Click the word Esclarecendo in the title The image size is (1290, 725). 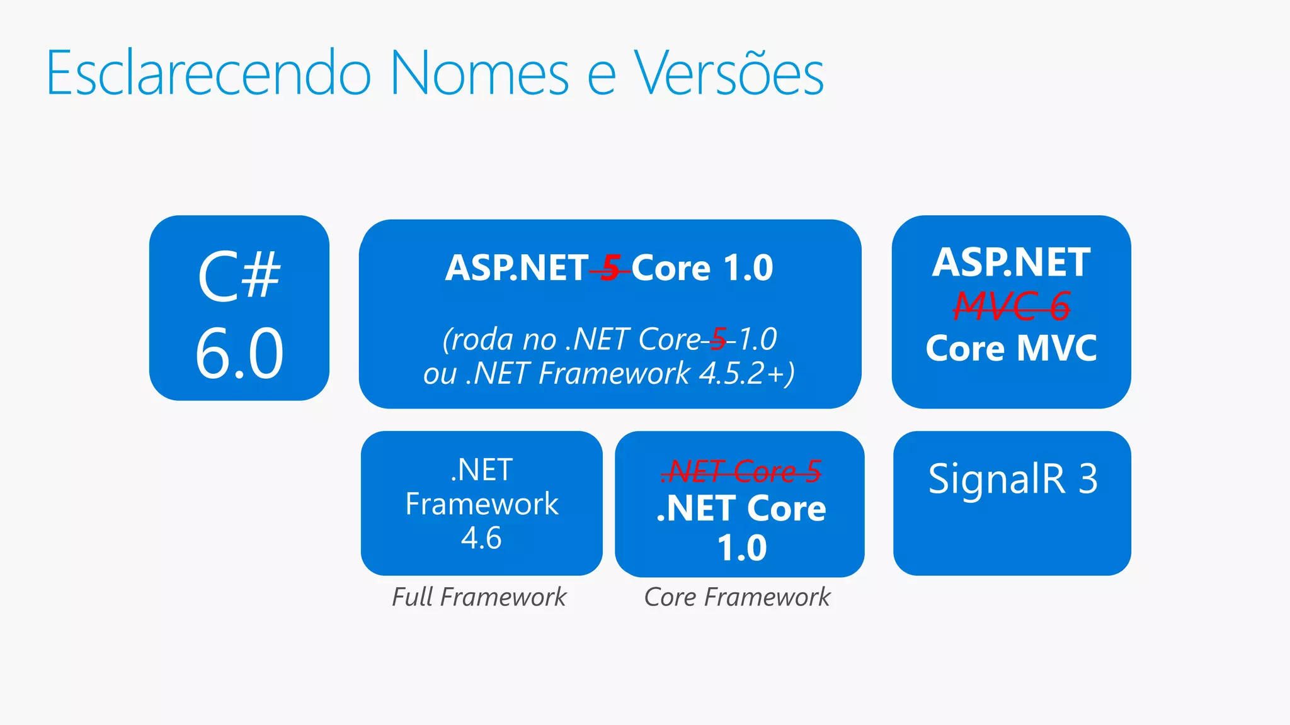pyautogui.click(x=208, y=74)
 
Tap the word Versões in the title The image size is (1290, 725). pyautogui.click(x=729, y=74)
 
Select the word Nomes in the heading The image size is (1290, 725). pyautogui.click(x=479, y=74)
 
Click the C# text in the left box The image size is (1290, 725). pyautogui.click(x=239, y=276)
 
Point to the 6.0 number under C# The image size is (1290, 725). pyautogui.click(x=239, y=354)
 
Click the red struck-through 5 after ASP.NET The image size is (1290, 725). pyautogui.click(x=610, y=268)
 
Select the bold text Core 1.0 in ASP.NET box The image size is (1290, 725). pyautogui.click(x=702, y=268)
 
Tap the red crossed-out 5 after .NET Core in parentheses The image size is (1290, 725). pyautogui.click(x=718, y=340)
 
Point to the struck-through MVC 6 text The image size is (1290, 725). pyautogui.click(x=1011, y=306)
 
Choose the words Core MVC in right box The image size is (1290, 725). pyautogui.click(x=1011, y=348)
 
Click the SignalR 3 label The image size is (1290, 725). pyautogui.click(x=1012, y=479)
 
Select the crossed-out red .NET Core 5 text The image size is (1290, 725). pyautogui.click(x=741, y=471)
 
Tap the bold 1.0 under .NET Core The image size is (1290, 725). pyautogui.click(x=741, y=548)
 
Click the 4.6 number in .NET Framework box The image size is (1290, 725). pyautogui.click(x=481, y=538)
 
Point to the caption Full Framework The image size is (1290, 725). pyautogui.click(x=479, y=597)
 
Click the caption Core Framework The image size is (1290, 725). pyautogui.click(x=737, y=597)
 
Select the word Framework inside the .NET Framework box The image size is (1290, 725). pyautogui.click(x=481, y=504)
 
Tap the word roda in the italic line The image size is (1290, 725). pyautogui.click(x=482, y=340)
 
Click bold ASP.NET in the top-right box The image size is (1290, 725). pyautogui.click(x=1011, y=262)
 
